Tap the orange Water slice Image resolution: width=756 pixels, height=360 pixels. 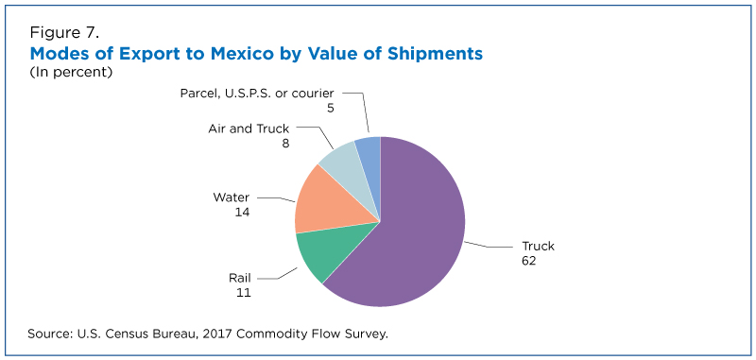click(328, 202)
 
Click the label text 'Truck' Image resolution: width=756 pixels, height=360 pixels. click(538, 247)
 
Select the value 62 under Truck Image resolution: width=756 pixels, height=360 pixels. click(529, 261)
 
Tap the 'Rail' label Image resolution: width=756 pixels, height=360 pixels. click(240, 278)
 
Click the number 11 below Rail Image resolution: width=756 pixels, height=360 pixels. click(244, 293)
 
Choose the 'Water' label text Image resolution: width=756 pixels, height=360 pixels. click(232, 197)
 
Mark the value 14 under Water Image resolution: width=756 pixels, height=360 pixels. click(243, 212)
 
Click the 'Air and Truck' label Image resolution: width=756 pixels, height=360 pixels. click(249, 129)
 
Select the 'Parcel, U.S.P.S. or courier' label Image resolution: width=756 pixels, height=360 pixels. click(257, 93)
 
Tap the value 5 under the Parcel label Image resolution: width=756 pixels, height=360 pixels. click(330, 108)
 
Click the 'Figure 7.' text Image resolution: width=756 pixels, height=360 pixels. click(64, 33)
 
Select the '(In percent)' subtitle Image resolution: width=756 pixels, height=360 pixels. click(71, 73)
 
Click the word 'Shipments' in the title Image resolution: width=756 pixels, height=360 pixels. click(435, 54)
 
